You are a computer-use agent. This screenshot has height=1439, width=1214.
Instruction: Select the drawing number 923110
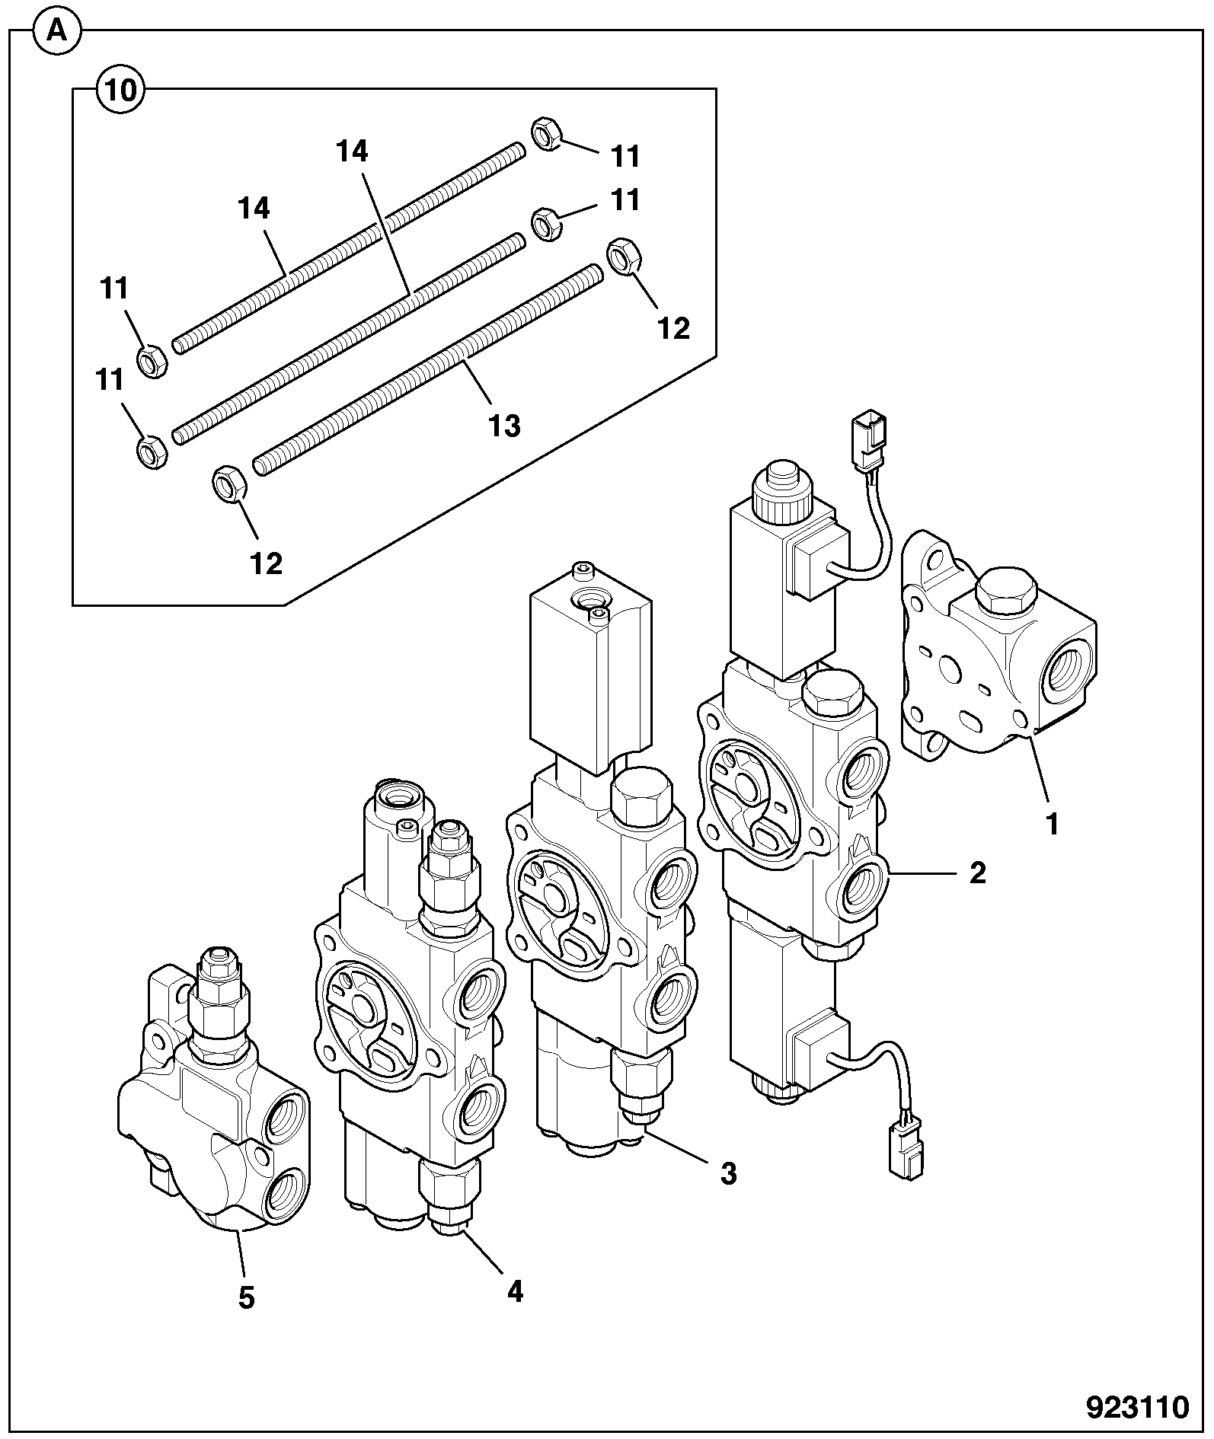(1137, 1407)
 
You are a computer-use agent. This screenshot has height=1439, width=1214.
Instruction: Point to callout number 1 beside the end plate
(1053, 824)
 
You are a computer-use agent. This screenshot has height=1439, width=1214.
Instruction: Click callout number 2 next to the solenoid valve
(977, 873)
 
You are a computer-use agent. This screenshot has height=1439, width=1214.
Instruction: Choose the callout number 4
(515, 1291)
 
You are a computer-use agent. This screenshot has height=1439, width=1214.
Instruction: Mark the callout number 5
(246, 1297)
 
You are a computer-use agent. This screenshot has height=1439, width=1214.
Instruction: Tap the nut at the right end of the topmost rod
(546, 133)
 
